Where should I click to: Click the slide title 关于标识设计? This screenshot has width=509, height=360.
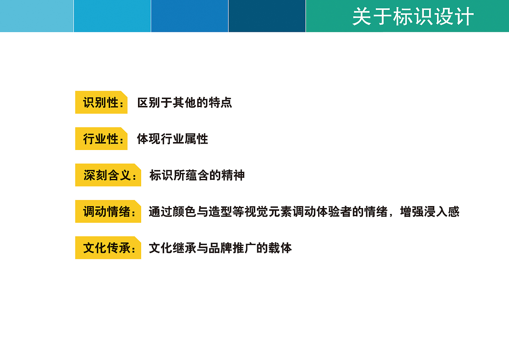point(413,17)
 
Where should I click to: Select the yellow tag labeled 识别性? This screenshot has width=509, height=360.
point(101,103)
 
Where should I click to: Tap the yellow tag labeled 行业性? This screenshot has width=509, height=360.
point(101,139)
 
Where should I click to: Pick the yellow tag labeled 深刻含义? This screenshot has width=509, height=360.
point(108,175)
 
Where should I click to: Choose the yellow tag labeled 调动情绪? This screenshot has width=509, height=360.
point(108,212)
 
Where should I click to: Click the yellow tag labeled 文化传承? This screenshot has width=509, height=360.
point(108,248)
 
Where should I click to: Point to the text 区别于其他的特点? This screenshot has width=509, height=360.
point(185,103)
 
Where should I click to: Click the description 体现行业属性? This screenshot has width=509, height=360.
point(173,139)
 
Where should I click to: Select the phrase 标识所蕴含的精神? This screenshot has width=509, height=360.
point(197,175)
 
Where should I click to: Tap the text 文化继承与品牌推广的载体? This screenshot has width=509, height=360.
point(220,248)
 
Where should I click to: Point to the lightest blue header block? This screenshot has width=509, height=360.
point(37,16)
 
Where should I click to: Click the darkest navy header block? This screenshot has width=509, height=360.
point(267,16)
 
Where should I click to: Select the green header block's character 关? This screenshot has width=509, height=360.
point(362,17)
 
